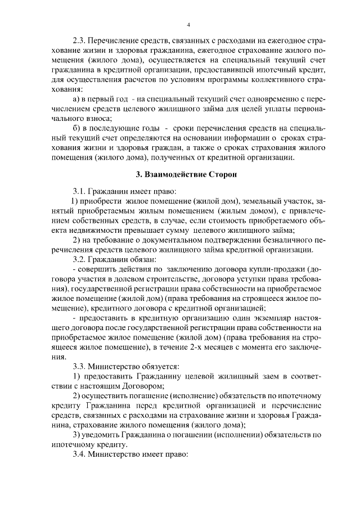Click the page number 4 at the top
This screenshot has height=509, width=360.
pos(188,25)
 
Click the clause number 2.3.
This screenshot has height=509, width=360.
pos(80,41)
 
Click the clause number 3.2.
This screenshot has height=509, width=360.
pos(80,259)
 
